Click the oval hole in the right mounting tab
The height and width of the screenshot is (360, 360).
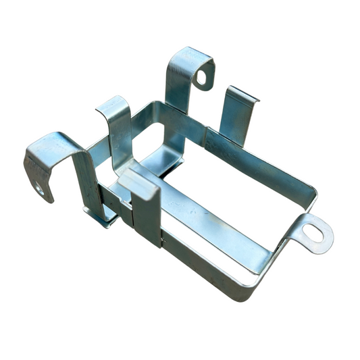[x=313, y=232]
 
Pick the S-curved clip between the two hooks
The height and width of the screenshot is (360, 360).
[x=118, y=125]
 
